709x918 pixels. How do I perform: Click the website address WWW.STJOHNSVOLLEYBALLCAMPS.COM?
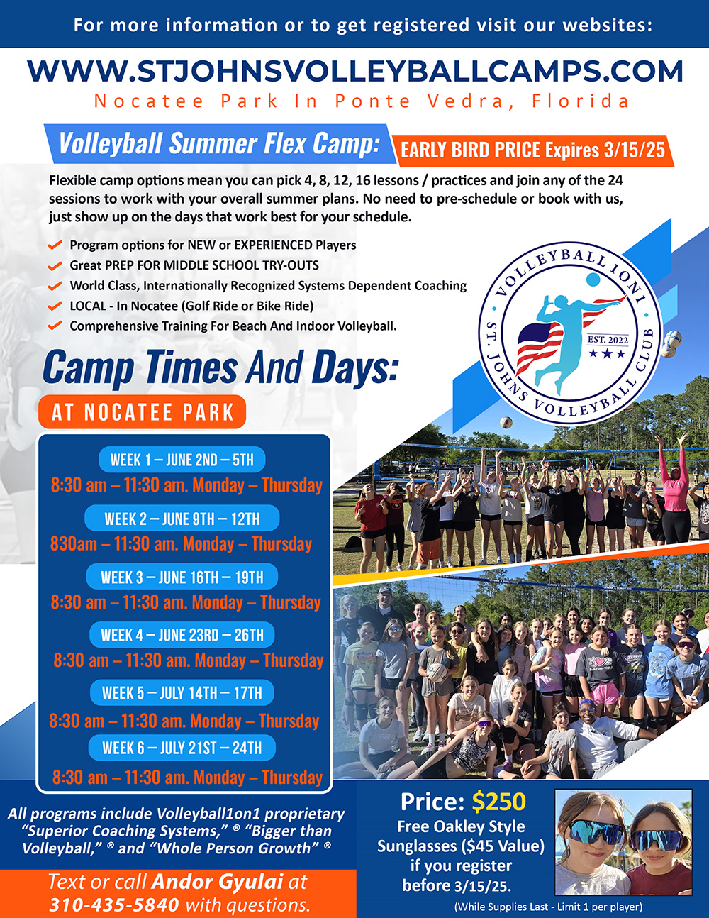click(355, 71)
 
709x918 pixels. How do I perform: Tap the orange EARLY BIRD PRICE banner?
click(532, 150)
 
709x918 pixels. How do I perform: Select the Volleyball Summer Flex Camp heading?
click(220, 143)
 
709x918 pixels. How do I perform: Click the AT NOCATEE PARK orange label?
click(143, 412)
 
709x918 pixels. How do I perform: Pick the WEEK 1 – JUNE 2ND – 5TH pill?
click(182, 460)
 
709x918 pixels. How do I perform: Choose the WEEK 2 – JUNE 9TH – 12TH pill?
click(182, 519)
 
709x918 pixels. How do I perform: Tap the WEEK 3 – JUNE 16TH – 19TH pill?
click(182, 577)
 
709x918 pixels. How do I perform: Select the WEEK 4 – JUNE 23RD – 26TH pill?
click(182, 634)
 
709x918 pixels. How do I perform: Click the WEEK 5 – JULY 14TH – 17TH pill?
click(182, 692)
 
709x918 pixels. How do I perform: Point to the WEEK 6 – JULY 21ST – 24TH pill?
click(182, 748)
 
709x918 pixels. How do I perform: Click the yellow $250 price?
click(499, 802)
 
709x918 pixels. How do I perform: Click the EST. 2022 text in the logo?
click(608, 340)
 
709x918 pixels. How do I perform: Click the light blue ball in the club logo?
click(593, 280)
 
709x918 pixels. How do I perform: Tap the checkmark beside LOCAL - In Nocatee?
click(55, 306)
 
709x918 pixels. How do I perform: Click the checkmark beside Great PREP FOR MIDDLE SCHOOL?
click(55, 266)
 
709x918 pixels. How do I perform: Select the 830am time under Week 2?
click(74, 543)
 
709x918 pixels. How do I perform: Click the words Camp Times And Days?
click(220, 367)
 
